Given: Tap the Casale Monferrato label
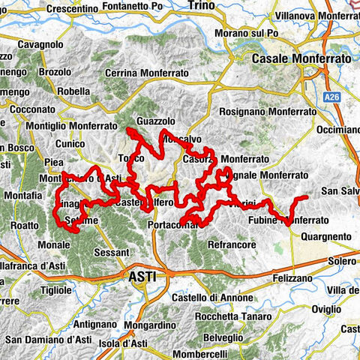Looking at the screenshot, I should click(302, 58).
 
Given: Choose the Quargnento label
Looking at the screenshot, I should click(325, 236).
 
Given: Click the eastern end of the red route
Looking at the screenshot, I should click(307, 197).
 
